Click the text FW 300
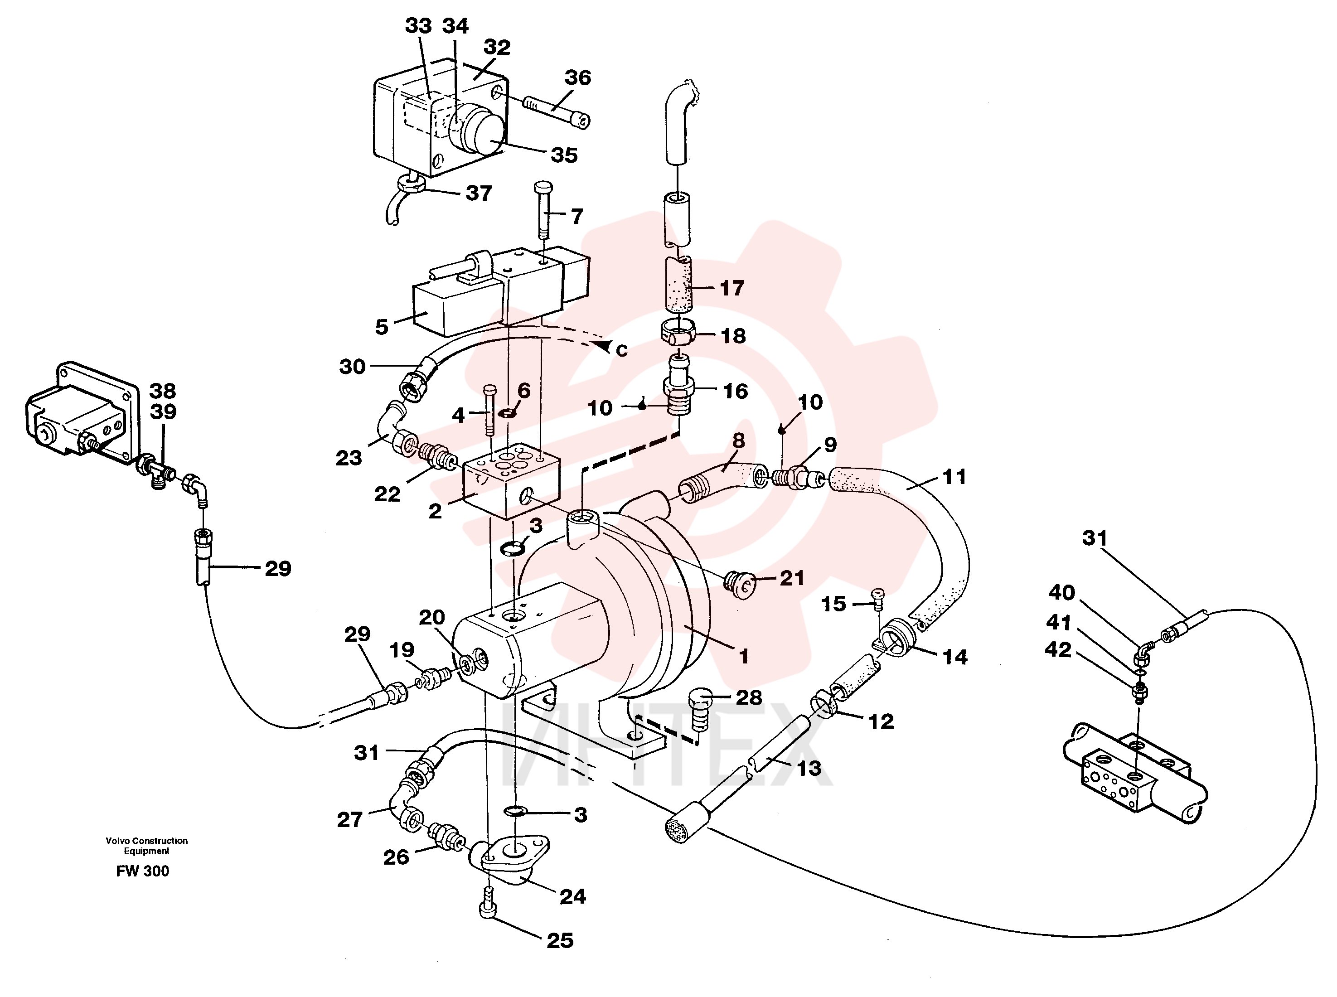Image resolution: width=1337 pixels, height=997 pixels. [x=142, y=871]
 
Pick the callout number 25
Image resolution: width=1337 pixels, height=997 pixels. [x=560, y=940]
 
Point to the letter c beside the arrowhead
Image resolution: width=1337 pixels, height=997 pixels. [x=621, y=349]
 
